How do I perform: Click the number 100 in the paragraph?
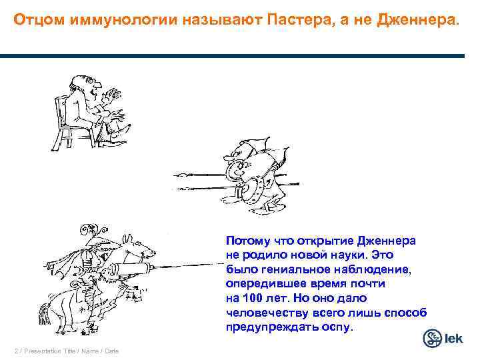[255, 297]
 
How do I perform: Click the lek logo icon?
[433, 338]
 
